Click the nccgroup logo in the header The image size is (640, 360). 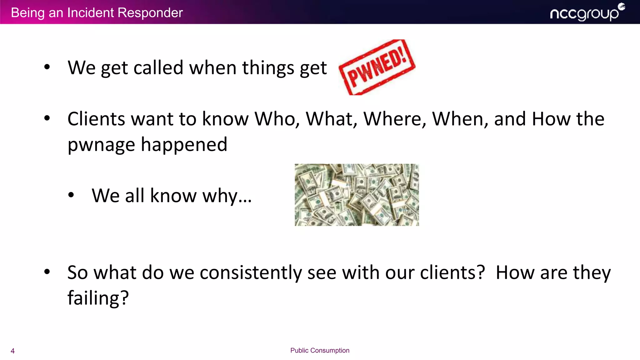(587, 13)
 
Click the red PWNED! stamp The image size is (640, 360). (377, 67)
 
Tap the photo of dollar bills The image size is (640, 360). (357, 195)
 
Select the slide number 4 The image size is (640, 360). (12, 351)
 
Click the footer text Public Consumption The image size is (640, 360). (320, 350)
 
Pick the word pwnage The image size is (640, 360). (101, 145)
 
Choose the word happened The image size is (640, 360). (184, 144)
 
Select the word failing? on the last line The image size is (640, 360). (98, 298)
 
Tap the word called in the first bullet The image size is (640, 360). (158, 67)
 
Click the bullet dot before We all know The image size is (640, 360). (71, 195)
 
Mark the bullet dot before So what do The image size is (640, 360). (47, 272)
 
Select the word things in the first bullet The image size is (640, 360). (268, 67)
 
